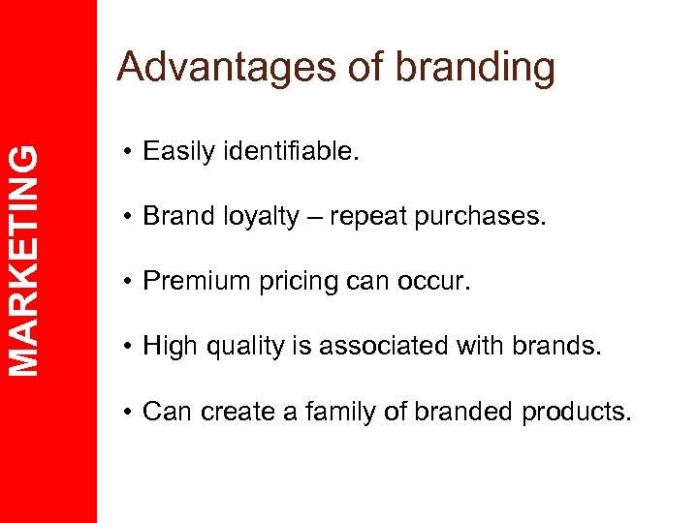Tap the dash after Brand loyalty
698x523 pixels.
[x=314, y=217]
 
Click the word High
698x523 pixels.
[x=168, y=346]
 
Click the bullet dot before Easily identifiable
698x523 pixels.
[x=127, y=152]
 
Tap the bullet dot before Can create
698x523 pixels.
[x=127, y=411]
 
